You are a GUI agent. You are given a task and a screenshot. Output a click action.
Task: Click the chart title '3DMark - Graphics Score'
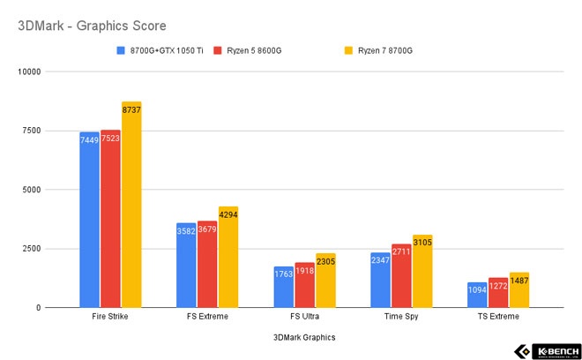click(x=92, y=26)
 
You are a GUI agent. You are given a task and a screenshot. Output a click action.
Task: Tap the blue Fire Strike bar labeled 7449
click(x=89, y=220)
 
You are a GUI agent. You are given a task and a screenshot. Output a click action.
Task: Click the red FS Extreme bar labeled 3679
click(x=207, y=264)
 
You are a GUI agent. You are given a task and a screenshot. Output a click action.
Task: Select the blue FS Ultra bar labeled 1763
click(x=283, y=287)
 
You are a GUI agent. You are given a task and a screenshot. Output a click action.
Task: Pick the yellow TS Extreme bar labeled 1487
click(x=519, y=290)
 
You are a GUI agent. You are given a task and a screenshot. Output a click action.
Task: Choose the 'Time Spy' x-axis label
click(x=400, y=316)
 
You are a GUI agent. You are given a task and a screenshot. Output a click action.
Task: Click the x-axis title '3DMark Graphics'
click(x=304, y=336)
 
